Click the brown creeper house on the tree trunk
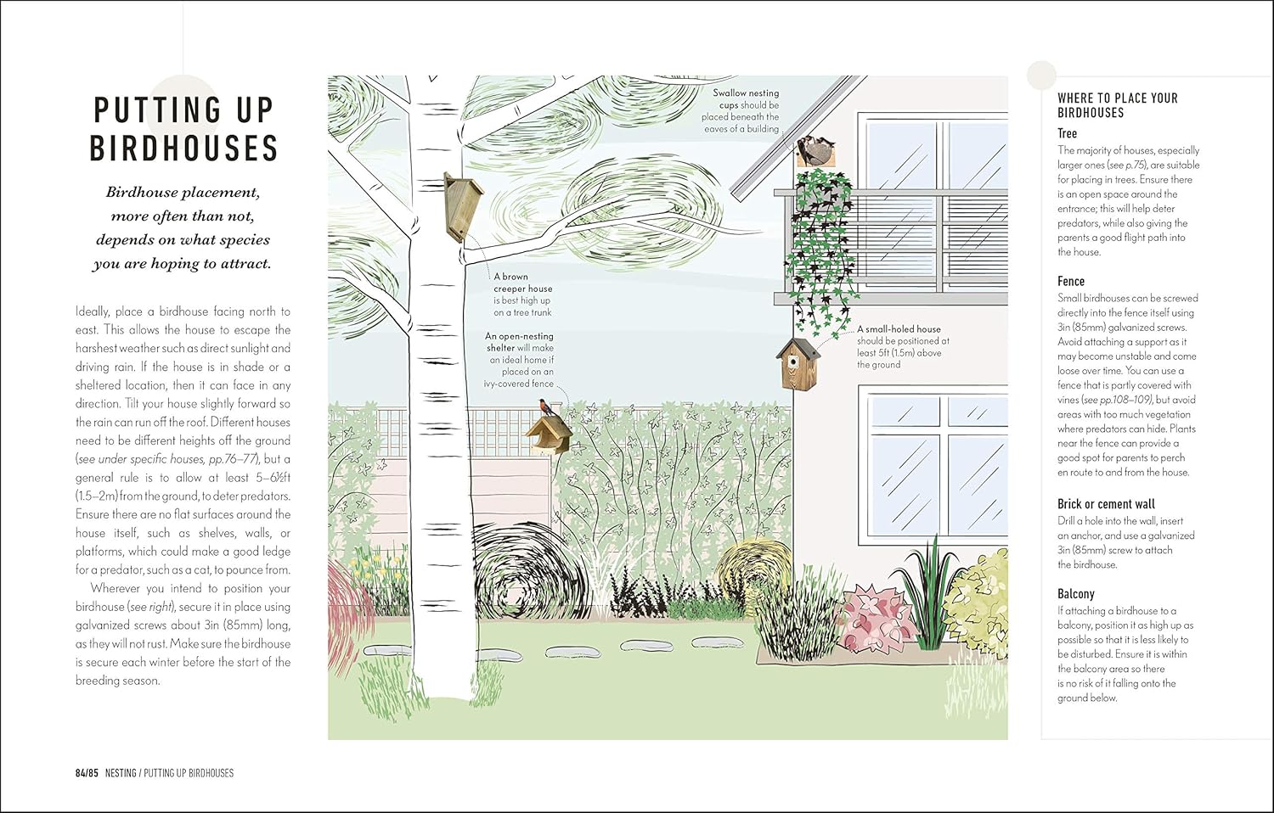[463, 207]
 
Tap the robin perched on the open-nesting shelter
[547, 407]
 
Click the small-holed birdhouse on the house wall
[798, 363]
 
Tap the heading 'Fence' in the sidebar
[1071, 281]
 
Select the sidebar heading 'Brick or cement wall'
[1106, 504]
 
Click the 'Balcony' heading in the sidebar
[1075, 594]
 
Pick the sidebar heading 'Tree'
[1067, 133]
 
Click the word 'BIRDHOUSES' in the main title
[183, 149]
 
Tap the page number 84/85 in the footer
[87, 773]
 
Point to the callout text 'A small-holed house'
[899, 329]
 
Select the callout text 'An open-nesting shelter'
[519, 342]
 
